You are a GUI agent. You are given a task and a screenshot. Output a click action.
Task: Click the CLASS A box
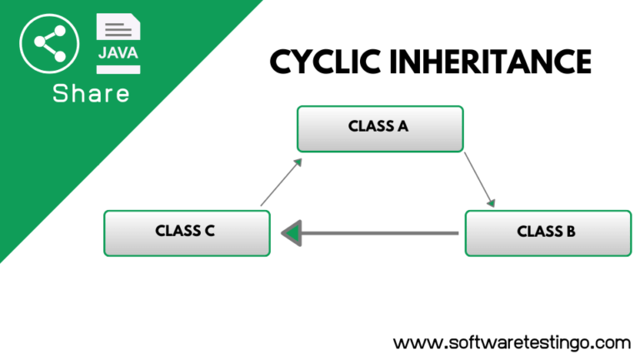[x=380, y=128]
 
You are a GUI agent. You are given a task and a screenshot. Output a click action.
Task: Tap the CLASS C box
[x=187, y=232]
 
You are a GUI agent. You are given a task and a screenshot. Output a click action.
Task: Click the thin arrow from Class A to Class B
[x=480, y=178]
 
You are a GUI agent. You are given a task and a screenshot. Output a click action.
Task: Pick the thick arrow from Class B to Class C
[x=375, y=232]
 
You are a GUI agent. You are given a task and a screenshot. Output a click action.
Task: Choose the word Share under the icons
[x=92, y=93]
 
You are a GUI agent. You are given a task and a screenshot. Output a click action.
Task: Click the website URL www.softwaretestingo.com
[x=512, y=342]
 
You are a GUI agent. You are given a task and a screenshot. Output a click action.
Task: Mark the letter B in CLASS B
[x=570, y=232]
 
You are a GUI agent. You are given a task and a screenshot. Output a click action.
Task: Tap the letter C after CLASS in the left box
[x=210, y=232]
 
